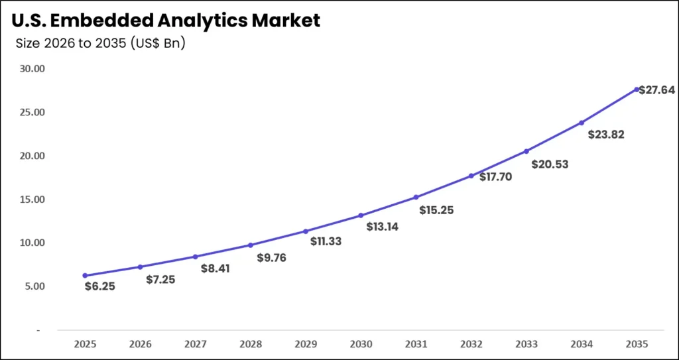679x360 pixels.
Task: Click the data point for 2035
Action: pos(637,90)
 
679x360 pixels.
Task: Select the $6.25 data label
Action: pos(100,286)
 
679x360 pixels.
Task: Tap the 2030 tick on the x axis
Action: pos(361,344)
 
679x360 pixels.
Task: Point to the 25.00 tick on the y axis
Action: pos(31,112)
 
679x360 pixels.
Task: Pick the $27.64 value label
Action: pos(657,90)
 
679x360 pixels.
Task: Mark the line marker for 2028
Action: pos(251,245)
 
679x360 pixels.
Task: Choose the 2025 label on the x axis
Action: pos(85,344)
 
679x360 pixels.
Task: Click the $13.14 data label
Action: pos(383,227)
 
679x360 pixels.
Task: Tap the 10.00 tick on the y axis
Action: pos(31,243)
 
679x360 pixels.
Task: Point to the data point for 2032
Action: pos(471,176)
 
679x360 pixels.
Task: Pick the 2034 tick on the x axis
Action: pos(582,344)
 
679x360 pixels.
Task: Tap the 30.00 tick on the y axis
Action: pos(31,68)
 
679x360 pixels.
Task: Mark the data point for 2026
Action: pos(140,267)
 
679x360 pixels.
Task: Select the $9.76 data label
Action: pos(271,257)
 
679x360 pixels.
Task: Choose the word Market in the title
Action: pos(286,21)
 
